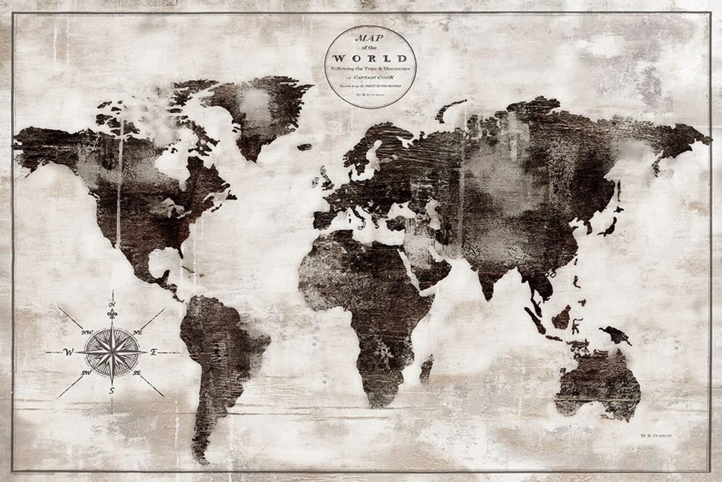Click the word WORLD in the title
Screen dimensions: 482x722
click(x=370, y=58)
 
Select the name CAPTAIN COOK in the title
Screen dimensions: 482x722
click(x=373, y=76)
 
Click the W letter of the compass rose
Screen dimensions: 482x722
click(x=69, y=352)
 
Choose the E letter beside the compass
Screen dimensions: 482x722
click(x=153, y=352)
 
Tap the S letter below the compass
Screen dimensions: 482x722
click(x=112, y=389)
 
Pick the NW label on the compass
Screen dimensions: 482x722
click(x=87, y=332)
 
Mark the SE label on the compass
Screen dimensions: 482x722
click(x=137, y=373)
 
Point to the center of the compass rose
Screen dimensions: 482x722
click(x=112, y=352)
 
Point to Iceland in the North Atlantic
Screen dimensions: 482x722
click(x=305, y=147)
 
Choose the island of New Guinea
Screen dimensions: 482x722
click(x=615, y=335)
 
